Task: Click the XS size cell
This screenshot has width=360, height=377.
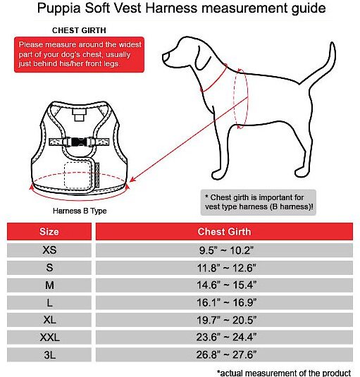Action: [49, 250]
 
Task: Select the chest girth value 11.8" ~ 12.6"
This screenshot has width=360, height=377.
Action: [224, 268]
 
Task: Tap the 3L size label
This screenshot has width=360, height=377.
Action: [49, 354]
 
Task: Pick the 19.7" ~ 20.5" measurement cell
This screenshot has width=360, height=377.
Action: [224, 320]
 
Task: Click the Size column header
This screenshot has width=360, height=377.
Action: [49, 232]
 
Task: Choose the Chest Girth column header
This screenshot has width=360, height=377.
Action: [224, 232]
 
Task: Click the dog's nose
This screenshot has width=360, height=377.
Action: [166, 58]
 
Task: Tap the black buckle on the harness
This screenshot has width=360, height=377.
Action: [79, 142]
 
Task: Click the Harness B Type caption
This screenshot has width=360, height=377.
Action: [80, 211]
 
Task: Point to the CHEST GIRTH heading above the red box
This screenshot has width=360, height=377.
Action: [79, 30]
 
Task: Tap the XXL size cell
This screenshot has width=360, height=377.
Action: [49, 338]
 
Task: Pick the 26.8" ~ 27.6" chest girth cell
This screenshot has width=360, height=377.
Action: [224, 354]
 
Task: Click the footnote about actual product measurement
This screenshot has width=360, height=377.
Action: [284, 373]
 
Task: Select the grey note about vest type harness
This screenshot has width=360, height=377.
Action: [259, 202]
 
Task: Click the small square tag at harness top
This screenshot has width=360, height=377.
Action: [79, 115]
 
